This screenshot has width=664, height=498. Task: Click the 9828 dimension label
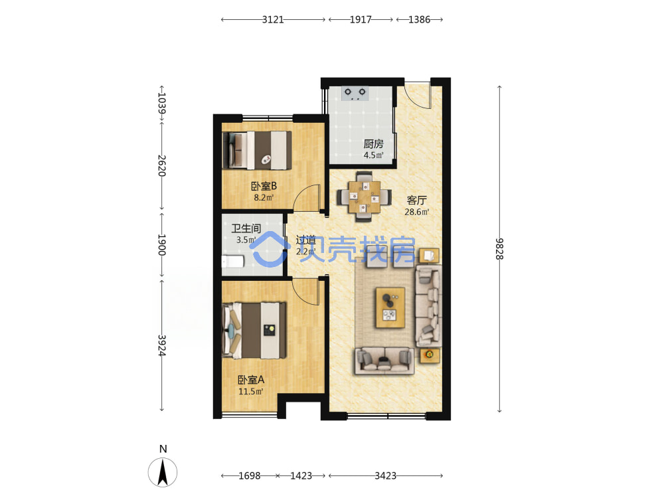coord(500,249)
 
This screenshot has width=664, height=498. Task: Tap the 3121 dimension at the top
coord(273,19)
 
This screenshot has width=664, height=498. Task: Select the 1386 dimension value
coord(419,19)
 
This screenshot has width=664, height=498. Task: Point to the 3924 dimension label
coord(162,345)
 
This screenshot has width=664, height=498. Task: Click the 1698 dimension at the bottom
coord(250,476)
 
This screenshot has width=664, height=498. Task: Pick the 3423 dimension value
coord(385,476)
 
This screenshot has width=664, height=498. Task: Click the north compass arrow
coord(163,472)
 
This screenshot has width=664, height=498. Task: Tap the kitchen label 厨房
coord(373,144)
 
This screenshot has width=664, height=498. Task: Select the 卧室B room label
coord(264,186)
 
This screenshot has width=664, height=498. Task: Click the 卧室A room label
coord(251,380)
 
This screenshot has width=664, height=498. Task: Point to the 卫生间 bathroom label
coord(246,228)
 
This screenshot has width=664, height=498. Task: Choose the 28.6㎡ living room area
coord(417,212)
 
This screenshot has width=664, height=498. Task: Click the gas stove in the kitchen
coord(355,93)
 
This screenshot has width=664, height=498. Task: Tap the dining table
coord(364,197)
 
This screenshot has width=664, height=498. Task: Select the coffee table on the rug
coord(390,307)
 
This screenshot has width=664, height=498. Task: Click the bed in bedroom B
coord(257,150)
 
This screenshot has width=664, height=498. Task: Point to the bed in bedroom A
coord(254,330)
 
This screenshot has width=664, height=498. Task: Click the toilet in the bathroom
coord(233,262)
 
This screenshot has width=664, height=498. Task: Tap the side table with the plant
coord(430,355)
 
